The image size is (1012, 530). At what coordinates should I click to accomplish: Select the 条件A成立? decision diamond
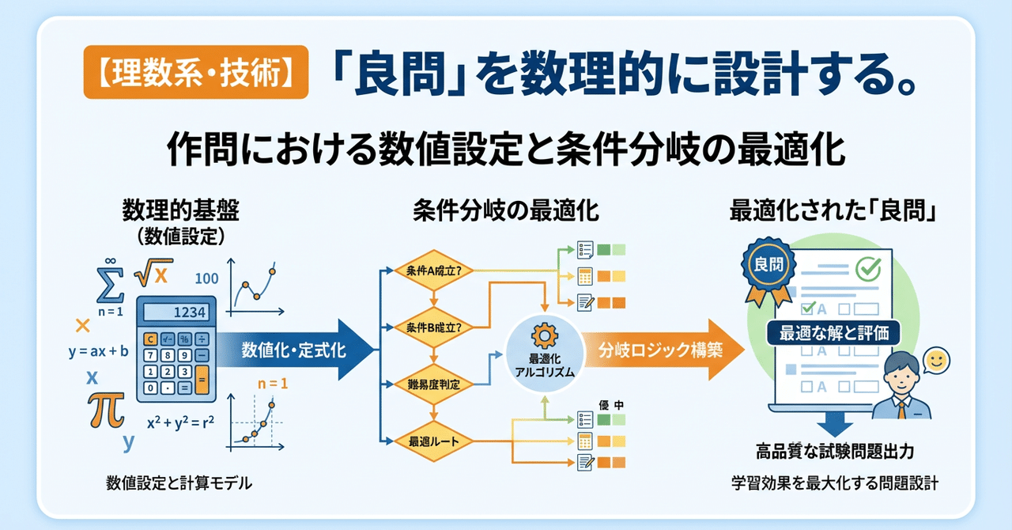click(433, 271)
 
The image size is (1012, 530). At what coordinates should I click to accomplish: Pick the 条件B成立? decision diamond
click(433, 327)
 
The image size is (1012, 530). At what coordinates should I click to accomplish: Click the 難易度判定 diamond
click(433, 384)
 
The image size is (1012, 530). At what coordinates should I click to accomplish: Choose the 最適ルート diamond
click(433, 440)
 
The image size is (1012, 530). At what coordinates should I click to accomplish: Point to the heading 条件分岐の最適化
click(505, 212)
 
